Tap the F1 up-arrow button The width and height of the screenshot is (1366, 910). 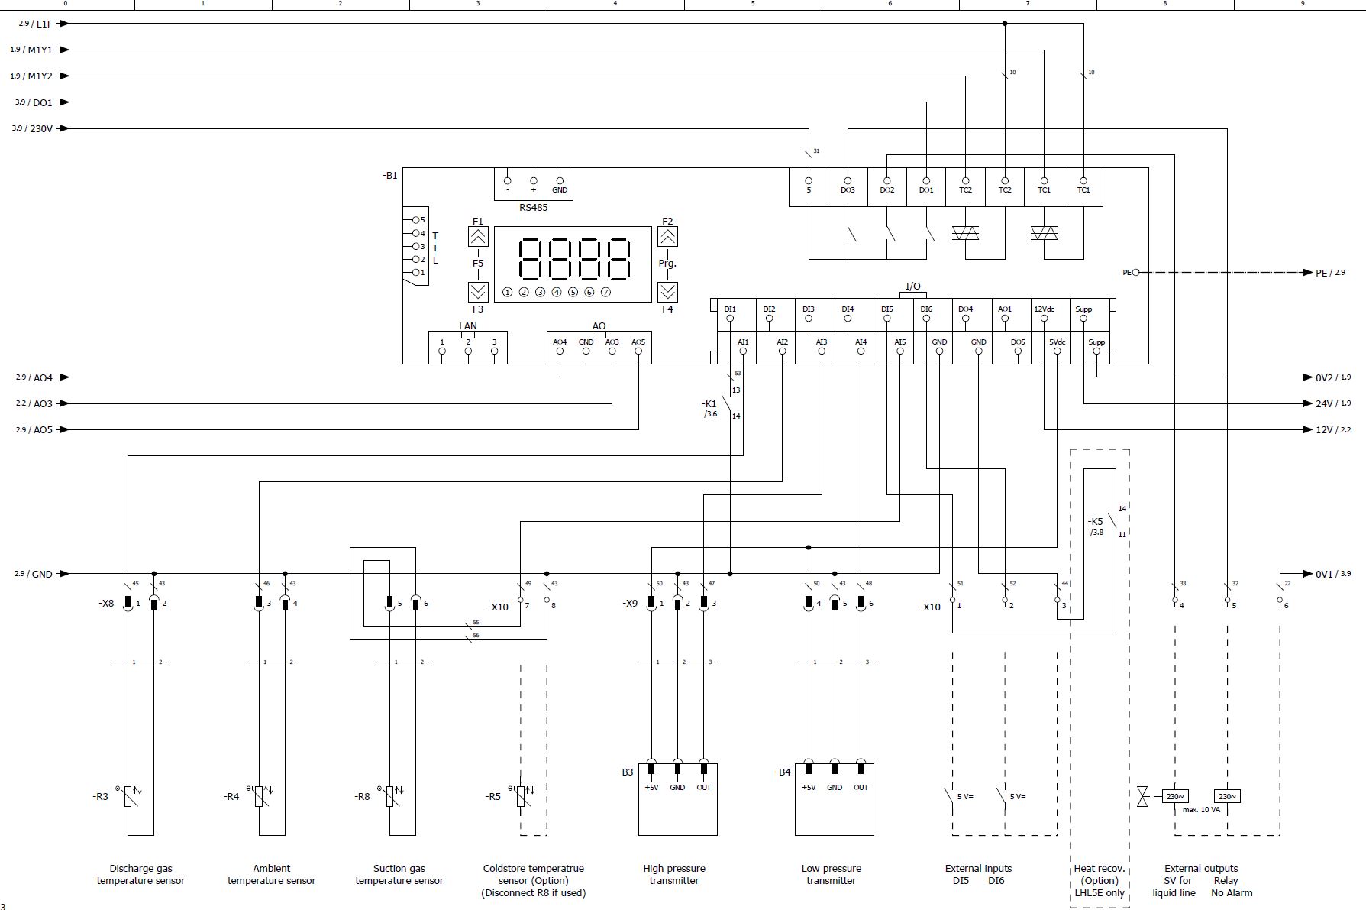pos(478,236)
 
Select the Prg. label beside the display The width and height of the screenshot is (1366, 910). pos(667,264)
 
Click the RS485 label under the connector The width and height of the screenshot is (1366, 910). pos(533,207)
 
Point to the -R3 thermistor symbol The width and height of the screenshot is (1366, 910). pos(128,796)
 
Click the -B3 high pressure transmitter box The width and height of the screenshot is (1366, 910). pos(677,799)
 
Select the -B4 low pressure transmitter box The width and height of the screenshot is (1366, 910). pos(834,799)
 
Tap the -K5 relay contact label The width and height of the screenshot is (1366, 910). pos(1096,522)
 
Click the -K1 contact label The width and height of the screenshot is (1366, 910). pos(709,403)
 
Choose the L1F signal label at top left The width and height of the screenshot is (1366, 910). pos(45,24)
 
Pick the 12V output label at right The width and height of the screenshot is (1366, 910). pos(1324,430)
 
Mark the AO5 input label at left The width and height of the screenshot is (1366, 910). pos(44,430)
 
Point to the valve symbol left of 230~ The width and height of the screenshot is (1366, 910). pos(1142,796)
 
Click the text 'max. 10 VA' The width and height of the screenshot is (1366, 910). pos(1202,810)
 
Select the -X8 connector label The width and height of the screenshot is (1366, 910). pos(106,604)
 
